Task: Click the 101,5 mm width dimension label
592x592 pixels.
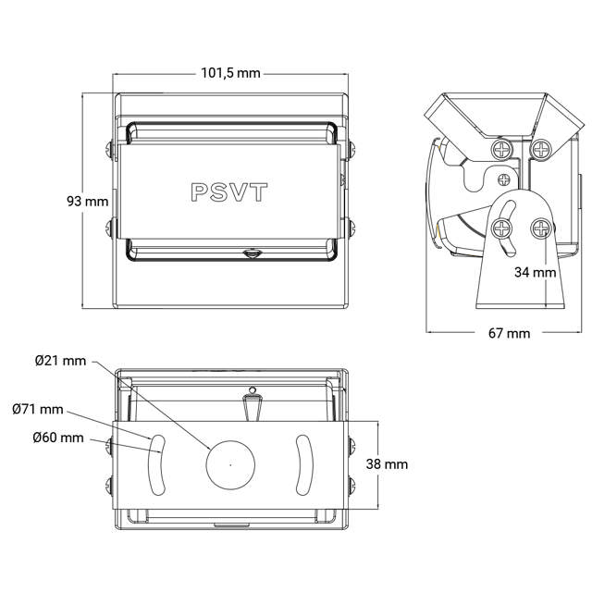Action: (x=231, y=74)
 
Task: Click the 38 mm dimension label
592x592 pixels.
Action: (x=387, y=464)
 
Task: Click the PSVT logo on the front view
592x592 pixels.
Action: (x=229, y=191)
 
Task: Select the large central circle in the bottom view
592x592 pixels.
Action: (x=230, y=462)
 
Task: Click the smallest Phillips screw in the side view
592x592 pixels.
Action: (x=503, y=179)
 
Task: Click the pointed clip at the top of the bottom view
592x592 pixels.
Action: (x=252, y=404)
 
